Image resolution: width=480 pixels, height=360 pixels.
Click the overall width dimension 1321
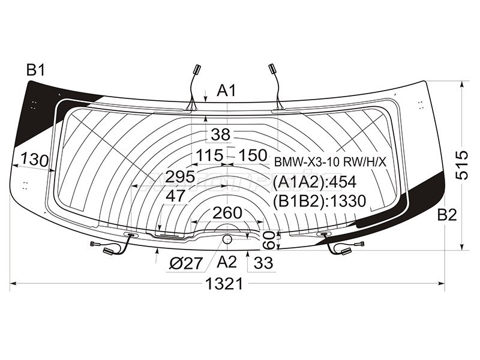(224, 283)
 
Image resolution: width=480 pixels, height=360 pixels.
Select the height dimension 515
(461, 164)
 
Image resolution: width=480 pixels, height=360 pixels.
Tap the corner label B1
(36, 70)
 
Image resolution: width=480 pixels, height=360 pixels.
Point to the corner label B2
(447, 215)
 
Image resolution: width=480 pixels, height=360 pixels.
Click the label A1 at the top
(227, 91)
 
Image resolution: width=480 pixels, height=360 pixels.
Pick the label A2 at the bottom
(227, 262)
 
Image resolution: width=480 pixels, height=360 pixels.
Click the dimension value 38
(220, 134)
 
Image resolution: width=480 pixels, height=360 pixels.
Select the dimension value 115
(209, 155)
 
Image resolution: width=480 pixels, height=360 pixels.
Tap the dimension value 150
(253, 155)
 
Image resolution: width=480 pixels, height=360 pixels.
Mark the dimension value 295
(181, 176)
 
